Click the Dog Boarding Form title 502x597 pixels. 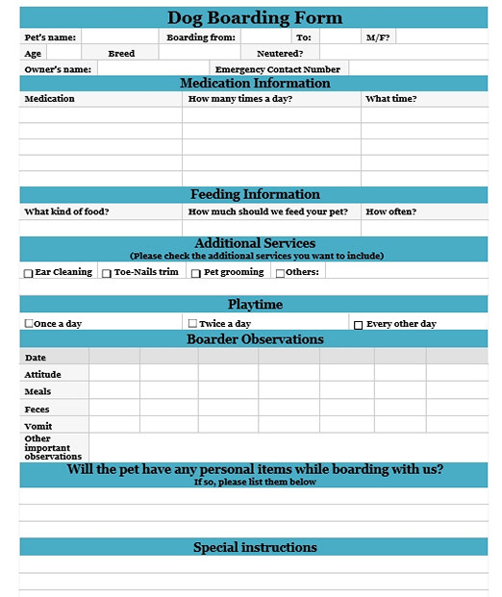pos(255,17)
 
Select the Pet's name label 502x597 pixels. pos(50,37)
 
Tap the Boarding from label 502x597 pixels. pos(201,37)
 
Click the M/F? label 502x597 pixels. pos(378,37)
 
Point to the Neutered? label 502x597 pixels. pos(280,54)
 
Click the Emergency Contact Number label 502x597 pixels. pos(277,69)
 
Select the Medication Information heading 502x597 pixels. pos(255,84)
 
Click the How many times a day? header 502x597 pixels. pos(240,99)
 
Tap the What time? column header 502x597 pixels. pos(391,99)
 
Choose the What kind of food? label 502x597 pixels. pos(66,211)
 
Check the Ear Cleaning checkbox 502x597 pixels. pos(29,273)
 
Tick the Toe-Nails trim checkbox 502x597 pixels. pos(107,273)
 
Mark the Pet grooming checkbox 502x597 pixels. pos(196,273)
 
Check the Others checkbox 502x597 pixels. pos(281,273)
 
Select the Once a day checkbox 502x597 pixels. pos(29,324)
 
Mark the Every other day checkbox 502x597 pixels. pos(359,325)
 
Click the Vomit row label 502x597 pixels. pos(38,426)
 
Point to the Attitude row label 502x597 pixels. pos(42,375)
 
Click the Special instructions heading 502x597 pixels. pos(255,547)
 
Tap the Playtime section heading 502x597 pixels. pos(255,305)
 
